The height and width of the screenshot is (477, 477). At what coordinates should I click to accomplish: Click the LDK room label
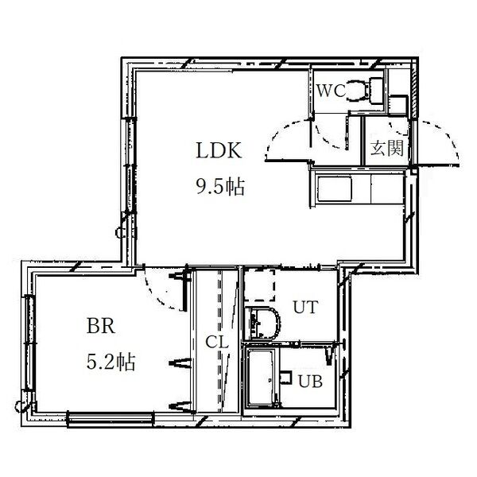219,150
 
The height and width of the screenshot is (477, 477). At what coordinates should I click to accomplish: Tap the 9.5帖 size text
220,186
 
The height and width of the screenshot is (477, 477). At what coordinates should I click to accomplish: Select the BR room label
101,326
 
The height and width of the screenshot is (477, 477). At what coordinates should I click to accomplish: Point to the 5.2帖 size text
111,362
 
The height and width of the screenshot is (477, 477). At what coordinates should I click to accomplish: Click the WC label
331,91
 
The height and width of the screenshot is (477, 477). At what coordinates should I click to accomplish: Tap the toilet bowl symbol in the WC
358,91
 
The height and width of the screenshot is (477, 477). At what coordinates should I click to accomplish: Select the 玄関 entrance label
387,148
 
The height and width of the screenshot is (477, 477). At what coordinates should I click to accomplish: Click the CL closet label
216,342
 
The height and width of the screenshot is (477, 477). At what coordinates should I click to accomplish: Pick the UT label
305,307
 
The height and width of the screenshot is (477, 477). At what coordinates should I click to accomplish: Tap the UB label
310,381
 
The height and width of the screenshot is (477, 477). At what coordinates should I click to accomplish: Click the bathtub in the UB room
262,377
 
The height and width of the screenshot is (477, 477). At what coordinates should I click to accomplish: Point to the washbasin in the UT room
264,324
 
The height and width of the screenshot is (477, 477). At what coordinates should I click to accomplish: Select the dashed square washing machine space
260,285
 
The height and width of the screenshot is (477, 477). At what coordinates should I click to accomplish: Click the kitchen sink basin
335,188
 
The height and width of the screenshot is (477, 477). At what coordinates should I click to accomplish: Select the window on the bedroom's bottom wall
111,419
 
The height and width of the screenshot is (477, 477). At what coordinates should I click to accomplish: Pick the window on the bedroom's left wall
29,343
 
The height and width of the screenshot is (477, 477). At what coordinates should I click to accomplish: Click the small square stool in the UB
285,377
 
